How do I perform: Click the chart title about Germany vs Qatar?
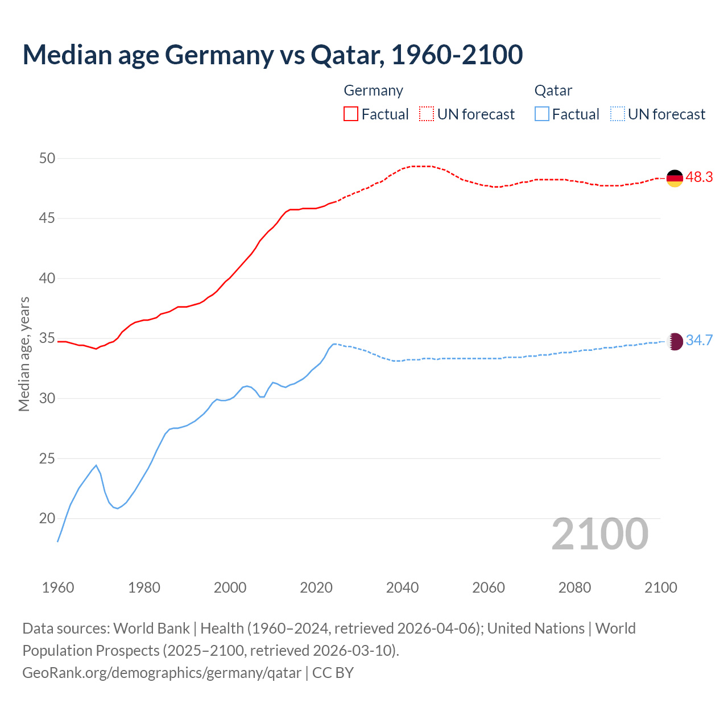272,55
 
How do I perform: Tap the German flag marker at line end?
674,178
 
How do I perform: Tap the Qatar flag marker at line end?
674,341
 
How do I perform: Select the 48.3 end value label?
699,177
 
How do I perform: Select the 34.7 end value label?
699,341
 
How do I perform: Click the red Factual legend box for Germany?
351,114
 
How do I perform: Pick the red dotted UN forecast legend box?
427,114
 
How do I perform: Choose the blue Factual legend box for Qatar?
542,114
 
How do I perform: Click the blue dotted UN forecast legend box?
617,114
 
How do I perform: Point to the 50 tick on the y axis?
47,159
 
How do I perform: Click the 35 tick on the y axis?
47,339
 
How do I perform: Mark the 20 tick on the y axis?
47,519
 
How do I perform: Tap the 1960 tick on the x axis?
58,588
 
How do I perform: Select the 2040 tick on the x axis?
402,588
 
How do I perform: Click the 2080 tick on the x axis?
574,588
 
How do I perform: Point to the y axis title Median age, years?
24,354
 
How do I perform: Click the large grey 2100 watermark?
600,534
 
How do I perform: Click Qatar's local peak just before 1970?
96,465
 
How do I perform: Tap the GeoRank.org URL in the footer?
162,673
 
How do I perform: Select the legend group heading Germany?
373,90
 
